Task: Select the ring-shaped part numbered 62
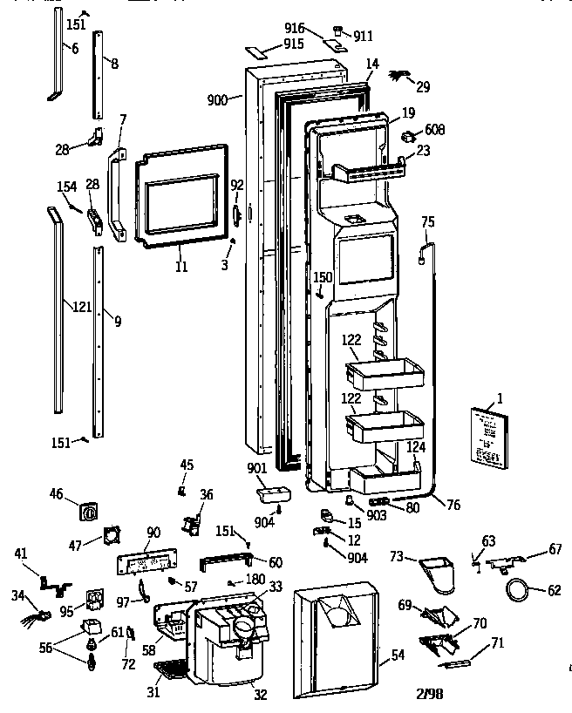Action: [x=519, y=591]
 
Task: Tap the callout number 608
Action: [x=434, y=130]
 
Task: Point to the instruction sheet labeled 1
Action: [x=486, y=436]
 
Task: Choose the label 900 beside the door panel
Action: [x=219, y=100]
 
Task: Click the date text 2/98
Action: [x=431, y=694]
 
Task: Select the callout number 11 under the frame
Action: [x=180, y=267]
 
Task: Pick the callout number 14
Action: [x=372, y=64]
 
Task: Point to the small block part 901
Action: [x=269, y=495]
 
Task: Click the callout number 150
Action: [x=323, y=277]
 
